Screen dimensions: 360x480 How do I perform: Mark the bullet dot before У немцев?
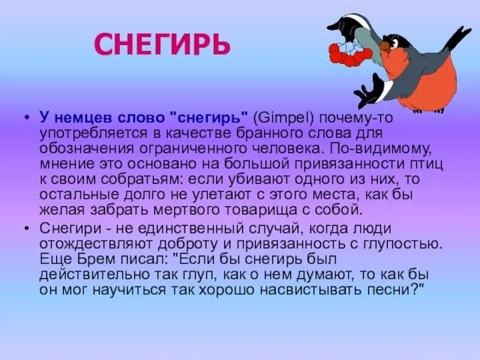click(27, 118)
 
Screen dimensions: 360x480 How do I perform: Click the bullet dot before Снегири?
click(27, 229)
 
